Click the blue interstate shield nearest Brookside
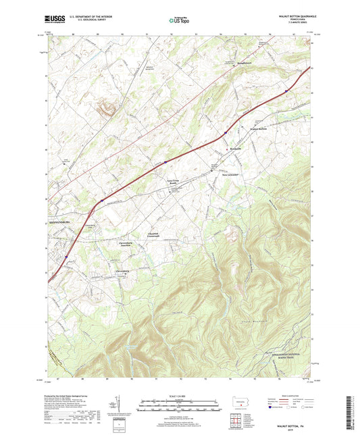click(x=225, y=133)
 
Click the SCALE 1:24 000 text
click(x=179, y=394)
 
